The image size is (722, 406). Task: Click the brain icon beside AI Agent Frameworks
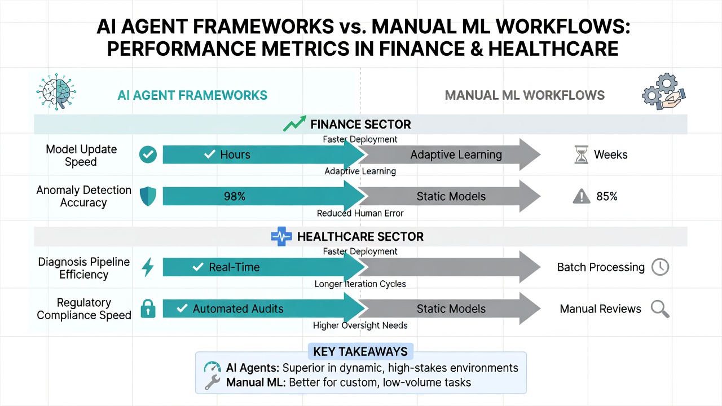56,92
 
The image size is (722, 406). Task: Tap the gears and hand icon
664,91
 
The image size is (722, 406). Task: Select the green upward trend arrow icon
294,123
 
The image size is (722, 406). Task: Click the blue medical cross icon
281,236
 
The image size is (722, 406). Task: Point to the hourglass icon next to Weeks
581,155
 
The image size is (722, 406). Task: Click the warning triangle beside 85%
582,196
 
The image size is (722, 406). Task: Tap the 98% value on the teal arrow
235,196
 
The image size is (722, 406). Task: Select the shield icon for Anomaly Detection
148,196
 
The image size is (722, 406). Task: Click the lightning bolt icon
148,267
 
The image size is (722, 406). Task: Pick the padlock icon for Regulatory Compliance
148,308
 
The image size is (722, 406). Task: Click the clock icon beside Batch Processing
660,267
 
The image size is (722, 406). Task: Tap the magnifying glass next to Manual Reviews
660,309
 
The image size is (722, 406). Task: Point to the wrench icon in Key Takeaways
213,382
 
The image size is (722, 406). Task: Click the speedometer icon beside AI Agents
213,367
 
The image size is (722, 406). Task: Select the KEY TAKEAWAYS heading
360,351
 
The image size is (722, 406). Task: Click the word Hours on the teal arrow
235,155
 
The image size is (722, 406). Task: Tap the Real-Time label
234,267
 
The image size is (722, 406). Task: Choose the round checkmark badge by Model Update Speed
148,155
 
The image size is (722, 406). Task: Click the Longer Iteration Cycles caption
360,284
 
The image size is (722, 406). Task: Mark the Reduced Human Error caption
360,213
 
